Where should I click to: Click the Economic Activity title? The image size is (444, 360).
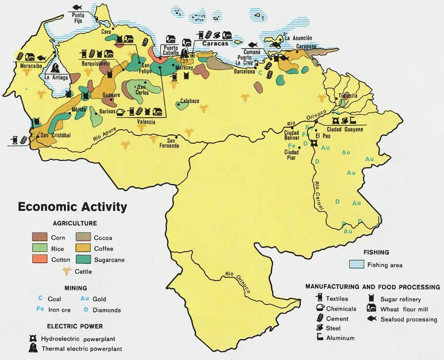72,207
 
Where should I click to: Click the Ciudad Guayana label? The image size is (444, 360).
345,129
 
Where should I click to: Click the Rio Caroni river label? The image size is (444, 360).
319,196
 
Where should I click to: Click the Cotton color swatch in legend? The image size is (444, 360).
40,259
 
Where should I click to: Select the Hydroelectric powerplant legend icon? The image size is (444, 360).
33,339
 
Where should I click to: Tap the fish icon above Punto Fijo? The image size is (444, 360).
77,7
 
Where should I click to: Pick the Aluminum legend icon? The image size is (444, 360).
319,338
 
